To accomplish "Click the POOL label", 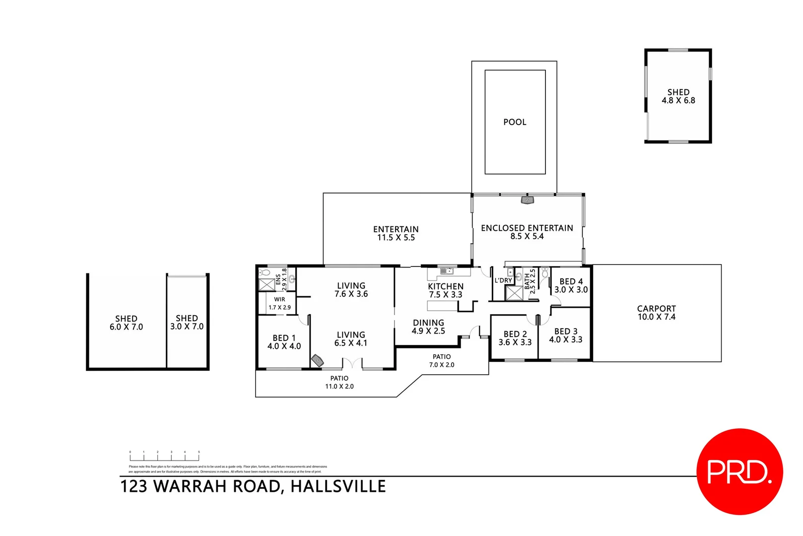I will [x=515, y=122].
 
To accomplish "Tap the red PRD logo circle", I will [x=739, y=471].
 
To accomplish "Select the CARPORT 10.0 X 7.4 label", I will [x=656, y=313].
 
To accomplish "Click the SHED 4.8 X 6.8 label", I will [x=678, y=96].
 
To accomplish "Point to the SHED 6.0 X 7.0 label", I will [x=126, y=323].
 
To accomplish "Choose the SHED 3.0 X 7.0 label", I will [x=187, y=323].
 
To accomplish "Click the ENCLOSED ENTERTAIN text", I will [x=527, y=228].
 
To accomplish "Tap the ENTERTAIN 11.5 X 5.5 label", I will [x=396, y=233].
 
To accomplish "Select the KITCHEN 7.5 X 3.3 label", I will [x=446, y=290].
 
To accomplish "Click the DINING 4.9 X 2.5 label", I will [x=428, y=327].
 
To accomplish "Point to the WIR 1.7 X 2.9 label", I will [x=279, y=303].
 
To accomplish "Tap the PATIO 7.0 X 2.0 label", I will [x=441, y=361].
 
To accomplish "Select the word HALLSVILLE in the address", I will [x=338, y=486].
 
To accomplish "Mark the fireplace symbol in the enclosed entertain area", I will [x=527, y=200].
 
